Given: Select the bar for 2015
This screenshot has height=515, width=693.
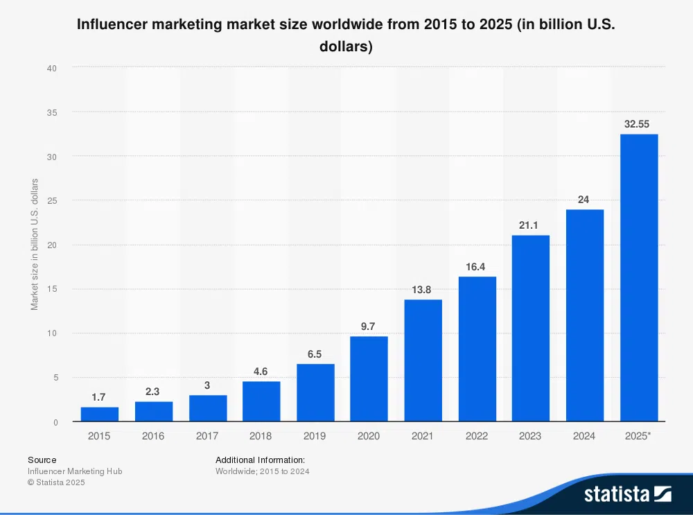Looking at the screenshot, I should pos(99,414).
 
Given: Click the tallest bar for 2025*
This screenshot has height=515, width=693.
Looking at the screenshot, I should pos(638,277).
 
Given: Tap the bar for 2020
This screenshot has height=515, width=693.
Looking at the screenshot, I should pos(369,378).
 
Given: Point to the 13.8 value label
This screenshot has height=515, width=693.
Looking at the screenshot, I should pos(423,289).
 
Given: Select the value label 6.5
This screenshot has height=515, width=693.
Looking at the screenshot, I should pos(315,353).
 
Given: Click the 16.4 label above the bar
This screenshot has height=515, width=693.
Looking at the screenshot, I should pos(477,266).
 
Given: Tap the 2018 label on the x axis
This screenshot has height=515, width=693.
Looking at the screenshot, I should pos(261,436).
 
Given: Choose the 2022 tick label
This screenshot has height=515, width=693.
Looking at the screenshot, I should pos(477,436).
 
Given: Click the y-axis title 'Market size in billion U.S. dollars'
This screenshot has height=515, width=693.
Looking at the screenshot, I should pos(35,244).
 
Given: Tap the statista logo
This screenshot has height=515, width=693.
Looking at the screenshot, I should pos(627,494).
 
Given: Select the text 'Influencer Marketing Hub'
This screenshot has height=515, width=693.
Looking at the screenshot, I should pos(75,471).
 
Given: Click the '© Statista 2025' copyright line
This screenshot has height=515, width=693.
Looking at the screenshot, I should pos(56,482).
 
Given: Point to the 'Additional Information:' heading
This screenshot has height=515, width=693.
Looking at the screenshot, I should pos(260,460).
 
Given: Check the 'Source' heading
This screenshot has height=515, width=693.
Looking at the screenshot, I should pos(42,460).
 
